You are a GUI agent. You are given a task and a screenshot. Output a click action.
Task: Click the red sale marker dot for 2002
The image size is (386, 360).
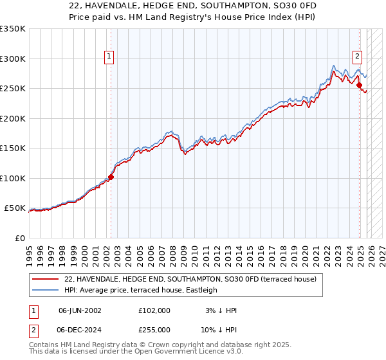coord(111,177)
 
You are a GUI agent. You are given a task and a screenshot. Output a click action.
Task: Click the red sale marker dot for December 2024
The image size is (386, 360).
coord(360,85)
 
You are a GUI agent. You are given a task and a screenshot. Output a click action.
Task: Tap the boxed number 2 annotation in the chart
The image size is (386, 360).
coord(357,56)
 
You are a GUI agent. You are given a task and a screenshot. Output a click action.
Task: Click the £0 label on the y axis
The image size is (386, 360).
coord(19,238)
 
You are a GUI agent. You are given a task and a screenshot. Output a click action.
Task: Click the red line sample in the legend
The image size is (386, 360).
coord(46,280)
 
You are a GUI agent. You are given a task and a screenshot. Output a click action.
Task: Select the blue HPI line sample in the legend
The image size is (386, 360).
coord(46,290)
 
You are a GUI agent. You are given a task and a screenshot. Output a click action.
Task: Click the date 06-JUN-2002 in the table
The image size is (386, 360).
coord(80,310)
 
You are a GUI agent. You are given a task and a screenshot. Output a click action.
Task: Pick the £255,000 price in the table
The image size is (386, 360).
coord(154,329)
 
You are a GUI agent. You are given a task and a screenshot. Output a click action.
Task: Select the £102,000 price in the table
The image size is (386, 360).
coord(154,310)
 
